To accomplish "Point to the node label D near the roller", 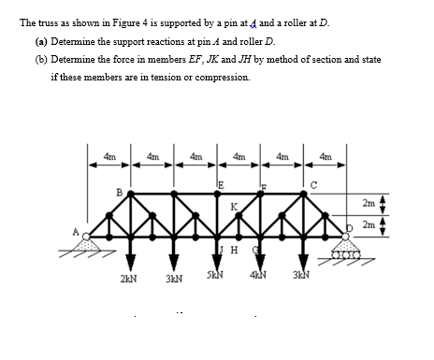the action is pos(348,225).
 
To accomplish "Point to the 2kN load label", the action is pos(129,278).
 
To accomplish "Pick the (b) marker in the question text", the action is pos(41,61).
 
